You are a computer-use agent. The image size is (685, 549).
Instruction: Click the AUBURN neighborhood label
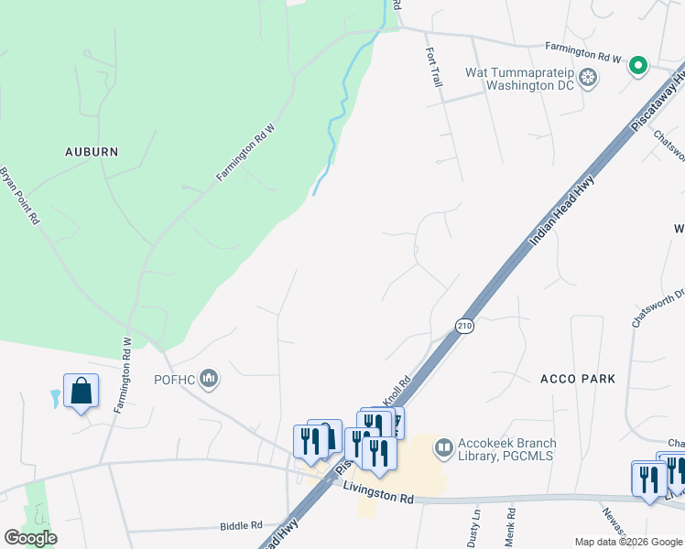[x=91, y=151]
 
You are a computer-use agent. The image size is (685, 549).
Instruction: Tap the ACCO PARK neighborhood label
[x=578, y=378]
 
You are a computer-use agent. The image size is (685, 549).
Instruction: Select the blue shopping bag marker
[x=81, y=392]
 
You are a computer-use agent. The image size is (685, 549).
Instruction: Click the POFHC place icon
[x=210, y=378]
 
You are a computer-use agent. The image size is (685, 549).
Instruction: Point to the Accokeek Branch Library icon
[x=444, y=447]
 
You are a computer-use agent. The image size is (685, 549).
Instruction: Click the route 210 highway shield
[x=464, y=325]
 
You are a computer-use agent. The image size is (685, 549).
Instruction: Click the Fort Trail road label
[x=435, y=69]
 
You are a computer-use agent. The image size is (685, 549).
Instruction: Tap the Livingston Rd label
[x=379, y=496]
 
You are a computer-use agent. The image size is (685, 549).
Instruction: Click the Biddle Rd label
[x=241, y=526]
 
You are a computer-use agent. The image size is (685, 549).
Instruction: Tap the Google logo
[x=30, y=538]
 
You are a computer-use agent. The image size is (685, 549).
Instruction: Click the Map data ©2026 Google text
[x=627, y=542]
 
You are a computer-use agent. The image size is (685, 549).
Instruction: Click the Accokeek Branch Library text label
[x=507, y=450]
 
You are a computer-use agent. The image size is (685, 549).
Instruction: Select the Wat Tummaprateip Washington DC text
[x=519, y=79]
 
